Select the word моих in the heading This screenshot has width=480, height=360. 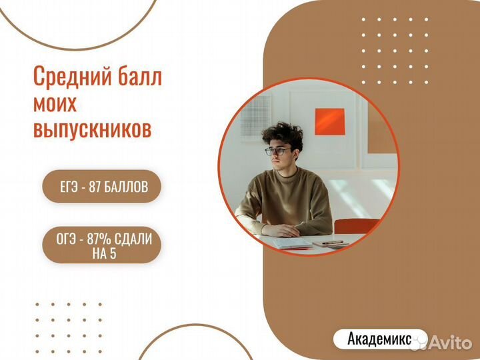tap(55, 103)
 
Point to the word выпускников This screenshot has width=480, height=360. tap(92, 129)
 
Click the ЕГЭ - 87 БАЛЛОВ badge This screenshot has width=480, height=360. tap(101, 187)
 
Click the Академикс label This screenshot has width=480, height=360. tap(378, 339)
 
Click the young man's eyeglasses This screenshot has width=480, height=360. tap(277, 151)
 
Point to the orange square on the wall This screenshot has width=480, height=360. tap(329, 121)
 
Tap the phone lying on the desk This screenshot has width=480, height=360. tap(327, 243)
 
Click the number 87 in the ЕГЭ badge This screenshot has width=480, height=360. tap(95, 187)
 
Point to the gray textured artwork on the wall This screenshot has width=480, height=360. tap(256, 115)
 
